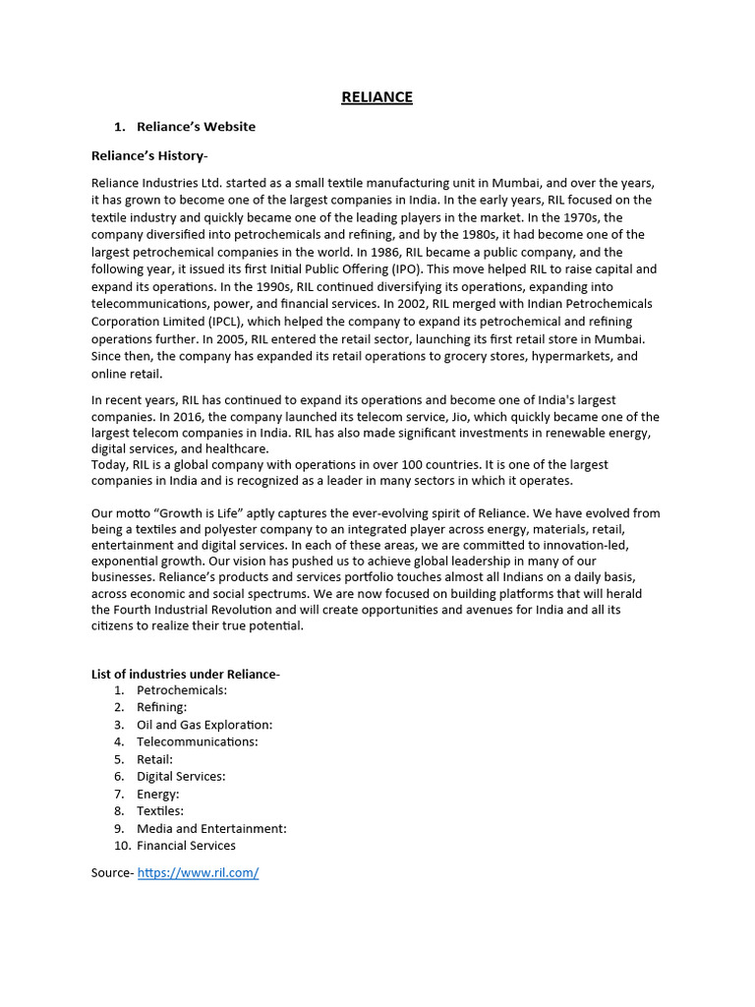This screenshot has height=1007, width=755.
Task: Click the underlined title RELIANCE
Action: point(377,96)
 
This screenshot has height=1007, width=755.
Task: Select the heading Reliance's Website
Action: point(196,126)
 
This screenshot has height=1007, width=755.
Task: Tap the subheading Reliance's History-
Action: point(149,155)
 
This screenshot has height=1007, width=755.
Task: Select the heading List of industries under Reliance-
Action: point(186,674)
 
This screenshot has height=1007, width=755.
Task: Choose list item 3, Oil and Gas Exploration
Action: point(203,725)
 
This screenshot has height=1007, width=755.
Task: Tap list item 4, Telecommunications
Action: point(197,741)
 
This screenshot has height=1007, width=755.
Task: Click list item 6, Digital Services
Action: point(180,776)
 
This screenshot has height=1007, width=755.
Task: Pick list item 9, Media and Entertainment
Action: point(211,828)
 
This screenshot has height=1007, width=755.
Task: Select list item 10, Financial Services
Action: point(186,846)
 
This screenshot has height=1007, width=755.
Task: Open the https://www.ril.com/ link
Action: point(198,872)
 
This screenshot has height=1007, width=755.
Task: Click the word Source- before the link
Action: point(112,872)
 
